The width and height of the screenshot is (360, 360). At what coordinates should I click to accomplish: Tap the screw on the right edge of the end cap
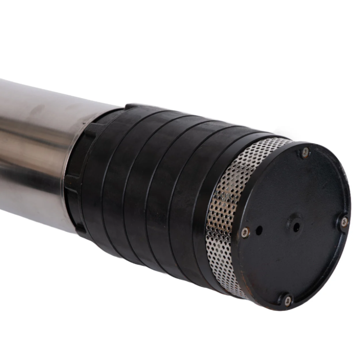344,221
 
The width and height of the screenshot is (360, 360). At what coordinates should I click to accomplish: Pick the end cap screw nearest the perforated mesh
245,232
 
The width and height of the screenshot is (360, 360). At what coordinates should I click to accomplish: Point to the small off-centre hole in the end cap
259,230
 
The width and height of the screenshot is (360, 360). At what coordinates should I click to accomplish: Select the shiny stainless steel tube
36,148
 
